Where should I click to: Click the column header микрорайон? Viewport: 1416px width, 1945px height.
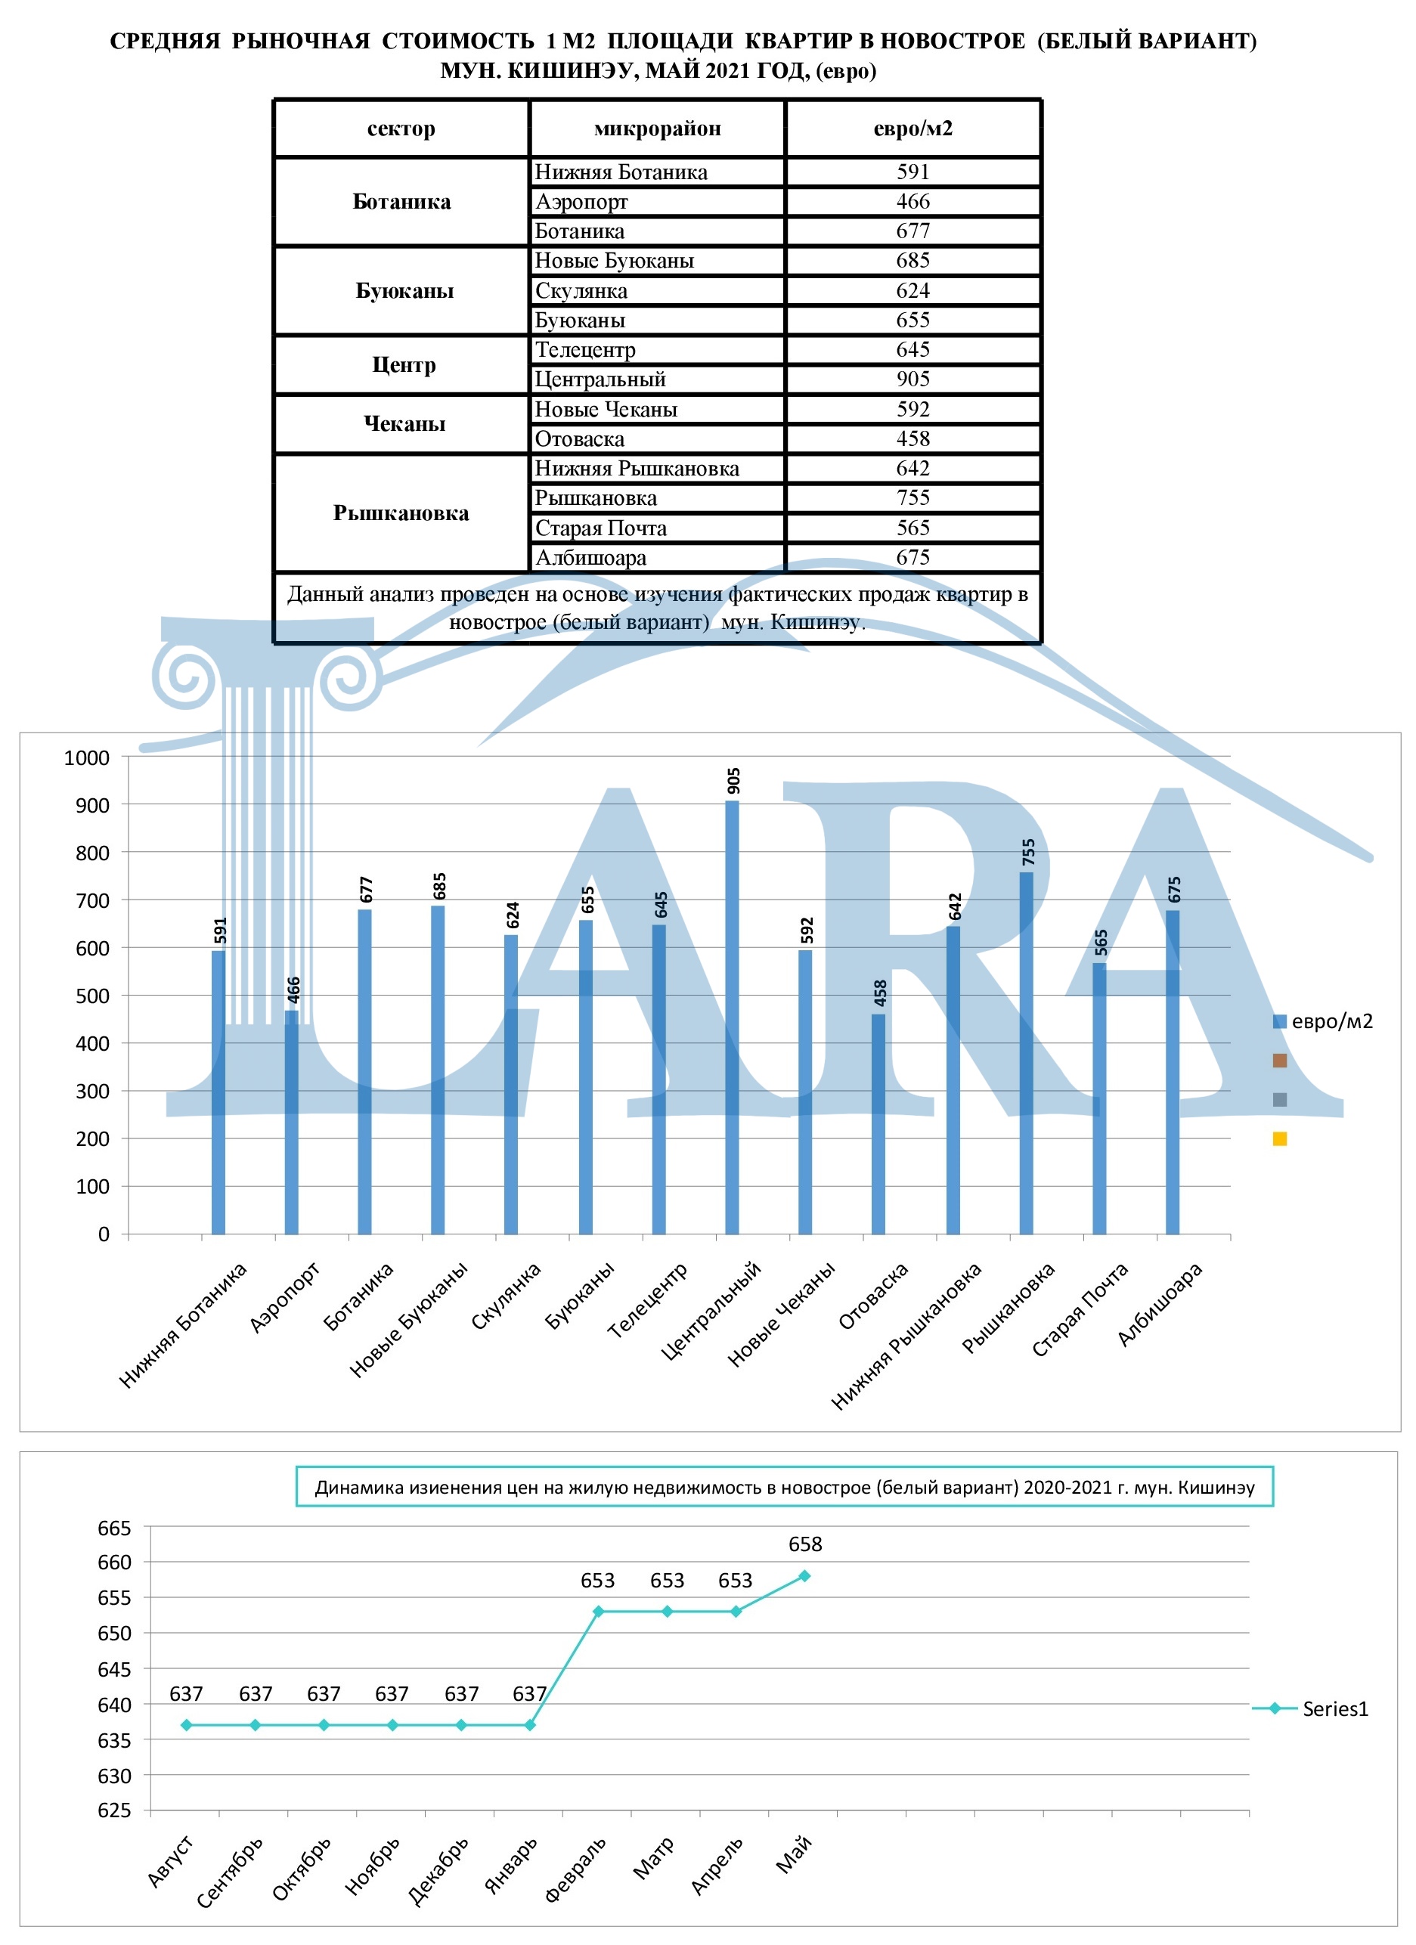coord(657,129)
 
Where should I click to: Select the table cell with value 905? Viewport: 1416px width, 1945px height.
coord(912,379)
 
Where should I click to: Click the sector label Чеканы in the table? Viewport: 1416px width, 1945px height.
coord(404,423)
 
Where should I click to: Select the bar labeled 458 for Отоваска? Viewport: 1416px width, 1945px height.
coord(878,1123)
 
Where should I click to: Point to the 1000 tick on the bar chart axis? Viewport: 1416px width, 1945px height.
coord(87,757)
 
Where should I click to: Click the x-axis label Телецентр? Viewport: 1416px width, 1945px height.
coord(648,1300)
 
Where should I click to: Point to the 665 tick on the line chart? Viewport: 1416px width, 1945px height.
coord(114,1528)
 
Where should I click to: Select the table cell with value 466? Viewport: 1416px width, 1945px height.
coord(912,202)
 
